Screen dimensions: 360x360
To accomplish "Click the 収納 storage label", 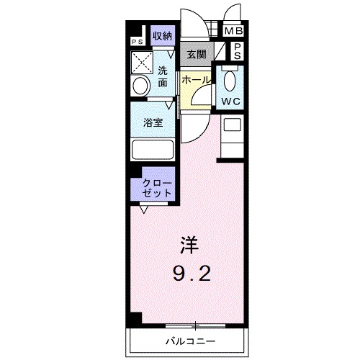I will tap(162, 35).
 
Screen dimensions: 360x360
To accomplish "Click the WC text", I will tap(230, 102).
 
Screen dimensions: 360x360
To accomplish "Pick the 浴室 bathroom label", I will tap(153, 122).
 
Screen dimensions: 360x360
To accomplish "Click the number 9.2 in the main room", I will tap(193, 274).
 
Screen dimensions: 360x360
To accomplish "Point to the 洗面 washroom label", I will tap(163, 76).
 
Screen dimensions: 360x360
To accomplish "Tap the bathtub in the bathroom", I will tap(153, 150).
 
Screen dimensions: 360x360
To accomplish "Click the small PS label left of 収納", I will tap(136, 42).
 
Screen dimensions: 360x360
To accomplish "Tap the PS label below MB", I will tap(237, 50).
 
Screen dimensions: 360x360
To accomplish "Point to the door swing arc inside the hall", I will tap(204, 91).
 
